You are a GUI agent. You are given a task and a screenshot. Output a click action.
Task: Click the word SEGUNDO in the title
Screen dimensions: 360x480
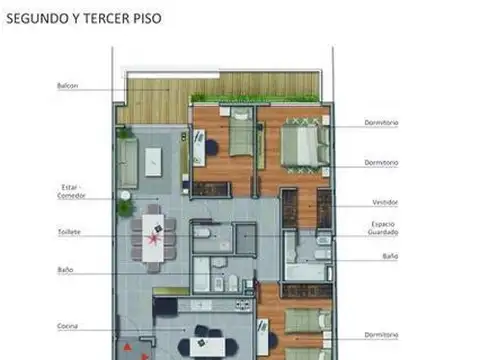[x=35, y=17]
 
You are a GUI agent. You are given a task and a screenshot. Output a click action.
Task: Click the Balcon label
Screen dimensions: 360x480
[x=67, y=86]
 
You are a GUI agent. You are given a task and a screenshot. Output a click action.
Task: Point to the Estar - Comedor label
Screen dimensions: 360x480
[x=71, y=191]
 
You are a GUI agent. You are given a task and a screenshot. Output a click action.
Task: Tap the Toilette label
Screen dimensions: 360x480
[x=69, y=232]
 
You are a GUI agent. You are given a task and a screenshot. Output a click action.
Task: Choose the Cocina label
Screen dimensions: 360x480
[x=68, y=326]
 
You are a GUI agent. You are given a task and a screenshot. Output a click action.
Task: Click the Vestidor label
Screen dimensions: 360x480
[x=385, y=202]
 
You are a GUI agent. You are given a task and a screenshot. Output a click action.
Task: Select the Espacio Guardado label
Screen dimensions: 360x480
[x=385, y=228]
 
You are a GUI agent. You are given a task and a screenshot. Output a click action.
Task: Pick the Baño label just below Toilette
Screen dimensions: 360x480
[x=65, y=270]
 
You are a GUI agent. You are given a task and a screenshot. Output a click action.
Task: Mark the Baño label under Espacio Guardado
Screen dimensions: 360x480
[x=389, y=256]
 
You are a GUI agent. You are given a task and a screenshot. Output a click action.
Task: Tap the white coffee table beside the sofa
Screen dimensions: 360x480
[x=153, y=160]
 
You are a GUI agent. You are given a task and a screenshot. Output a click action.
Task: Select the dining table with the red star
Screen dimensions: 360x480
[x=153, y=238]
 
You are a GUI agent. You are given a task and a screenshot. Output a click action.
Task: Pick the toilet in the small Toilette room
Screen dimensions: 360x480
[x=203, y=233]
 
